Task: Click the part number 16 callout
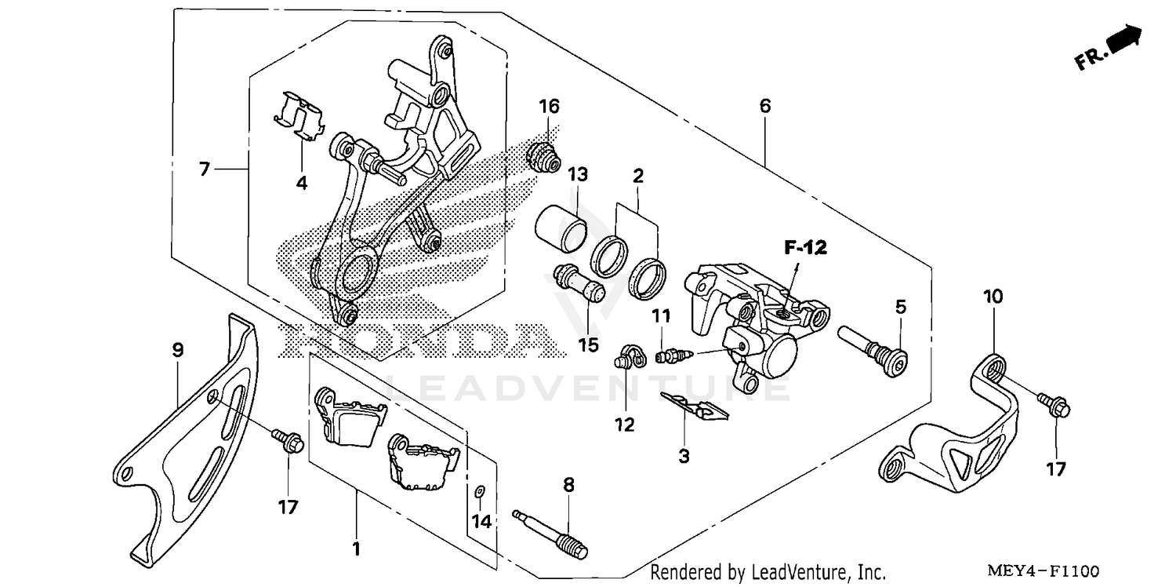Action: click(549, 106)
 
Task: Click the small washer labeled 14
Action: click(480, 492)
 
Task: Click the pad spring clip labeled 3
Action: click(693, 406)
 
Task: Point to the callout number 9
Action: click(178, 349)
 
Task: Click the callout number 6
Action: click(764, 106)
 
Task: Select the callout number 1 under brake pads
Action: click(357, 549)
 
